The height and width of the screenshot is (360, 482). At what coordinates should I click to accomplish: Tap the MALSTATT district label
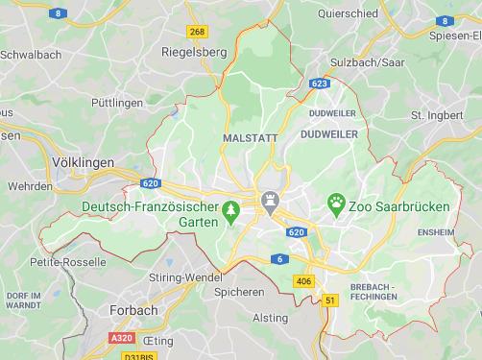tap(250, 138)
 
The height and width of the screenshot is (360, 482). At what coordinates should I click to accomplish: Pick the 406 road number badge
tap(303, 281)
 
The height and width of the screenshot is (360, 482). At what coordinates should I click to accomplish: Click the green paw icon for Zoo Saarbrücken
tap(336, 203)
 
